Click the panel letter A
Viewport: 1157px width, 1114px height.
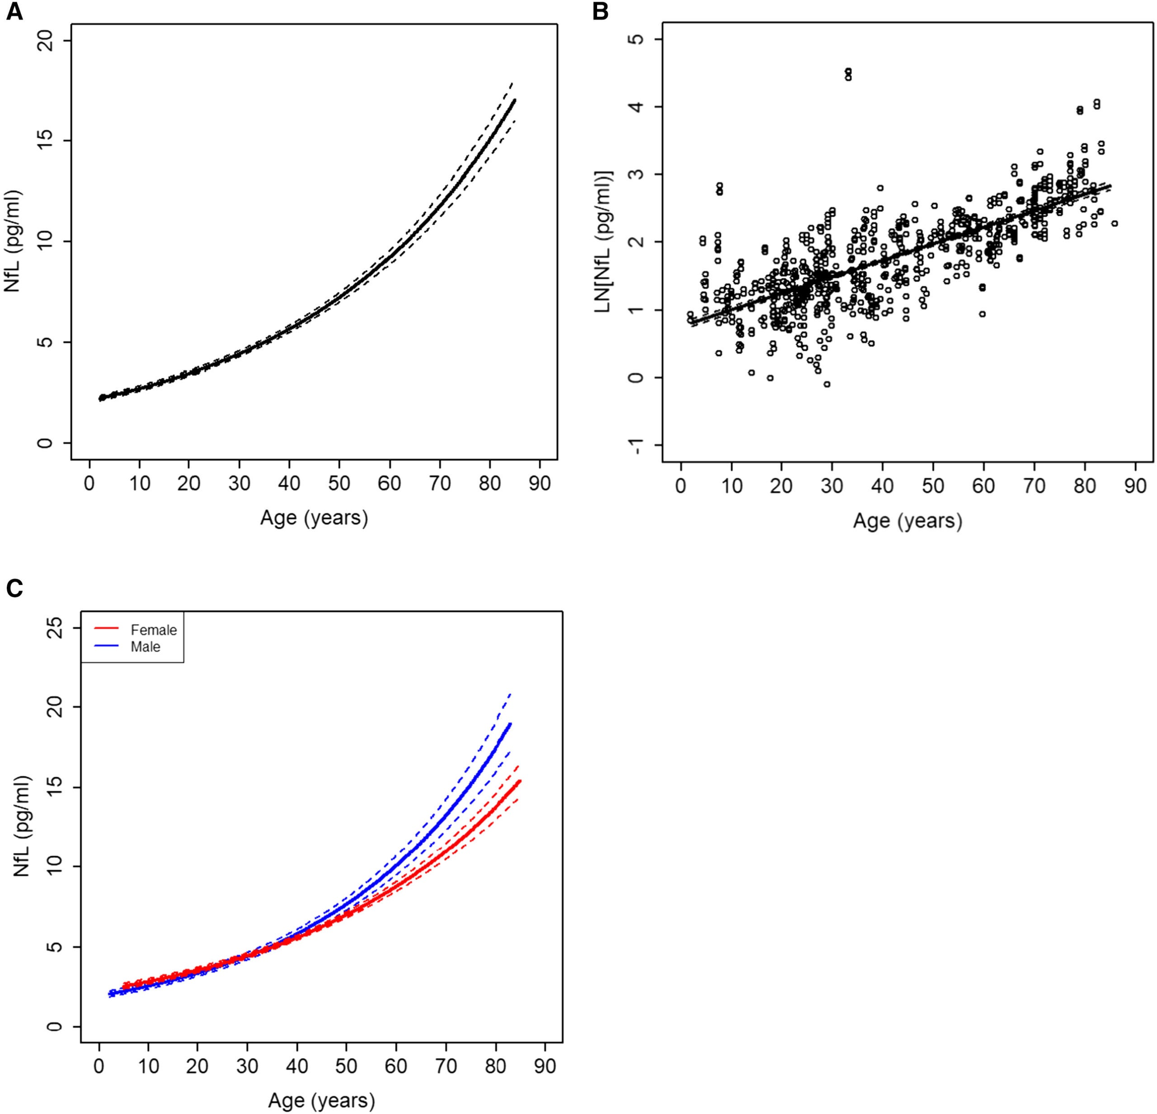point(14,12)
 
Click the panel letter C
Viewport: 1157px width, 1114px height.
point(14,588)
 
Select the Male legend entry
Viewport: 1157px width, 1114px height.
point(145,647)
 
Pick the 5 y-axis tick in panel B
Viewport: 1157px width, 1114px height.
point(635,39)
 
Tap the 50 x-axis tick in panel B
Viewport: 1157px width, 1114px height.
point(933,486)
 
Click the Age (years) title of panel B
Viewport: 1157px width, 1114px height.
point(908,521)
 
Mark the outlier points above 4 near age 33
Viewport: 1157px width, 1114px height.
point(848,74)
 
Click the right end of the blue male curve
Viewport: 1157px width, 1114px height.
point(509,723)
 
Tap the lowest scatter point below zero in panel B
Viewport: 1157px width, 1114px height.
point(827,384)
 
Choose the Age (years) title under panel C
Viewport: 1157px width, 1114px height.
point(321,1100)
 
